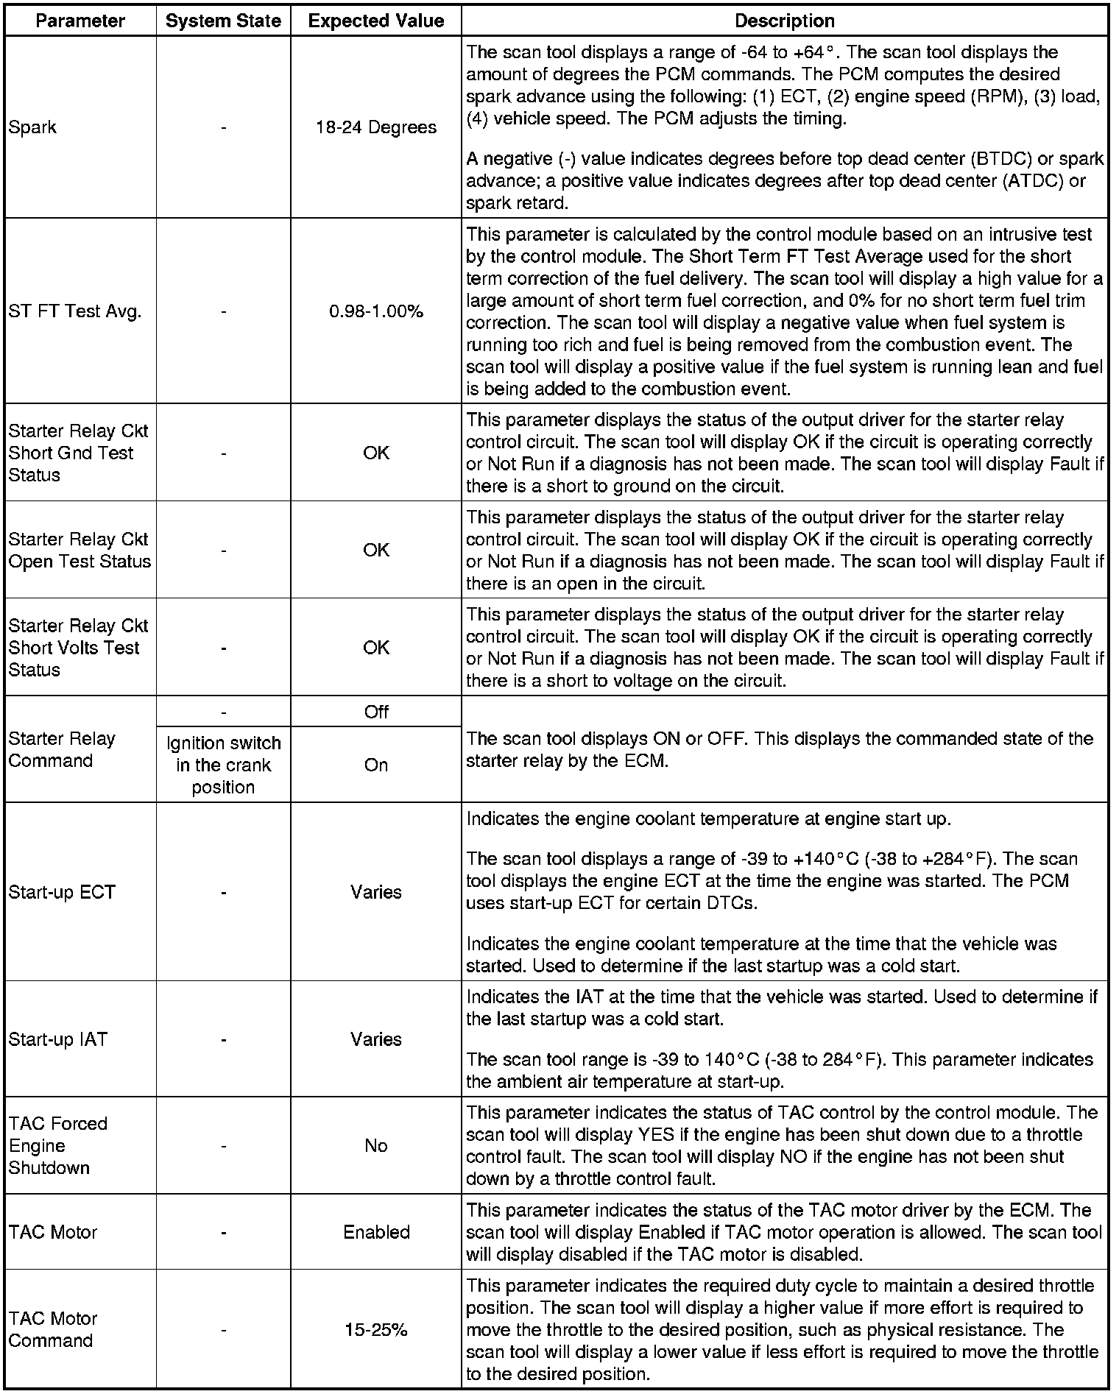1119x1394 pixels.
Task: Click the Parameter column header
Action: click(x=80, y=21)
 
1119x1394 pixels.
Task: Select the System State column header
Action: click(x=223, y=21)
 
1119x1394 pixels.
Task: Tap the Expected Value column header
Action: click(x=375, y=21)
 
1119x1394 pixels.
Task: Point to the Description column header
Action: click(x=785, y=21)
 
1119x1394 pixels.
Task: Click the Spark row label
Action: click(x=32, y=127)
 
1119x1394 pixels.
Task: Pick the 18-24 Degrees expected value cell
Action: click(x=375, y=127)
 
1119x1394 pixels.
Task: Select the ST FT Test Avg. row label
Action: click(x=74, y=311)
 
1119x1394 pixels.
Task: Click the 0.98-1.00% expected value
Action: click(x=375, y=311)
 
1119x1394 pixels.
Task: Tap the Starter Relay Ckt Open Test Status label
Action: click(x=80, y=550)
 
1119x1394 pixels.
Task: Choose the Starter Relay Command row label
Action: click(x=62, y=749)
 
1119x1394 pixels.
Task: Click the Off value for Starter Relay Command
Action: click(x=375, y=712)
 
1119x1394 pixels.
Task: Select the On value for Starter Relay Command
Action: click(x=375, y=765)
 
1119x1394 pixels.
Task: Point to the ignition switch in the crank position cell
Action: click(x=223, y=765)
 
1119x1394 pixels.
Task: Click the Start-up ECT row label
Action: click(x=62, y=892)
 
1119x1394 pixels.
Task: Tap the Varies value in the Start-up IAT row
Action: click(x=375, y=1039)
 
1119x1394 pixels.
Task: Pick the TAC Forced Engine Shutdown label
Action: click(x=58, y=1146)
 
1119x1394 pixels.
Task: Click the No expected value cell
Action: click(x=375, y=1146)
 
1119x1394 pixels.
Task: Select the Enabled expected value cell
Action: click(x=375, y=1232)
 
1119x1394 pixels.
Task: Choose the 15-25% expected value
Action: click(x=375, y=1330)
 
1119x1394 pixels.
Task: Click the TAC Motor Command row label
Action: click(x=53, y=1330)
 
